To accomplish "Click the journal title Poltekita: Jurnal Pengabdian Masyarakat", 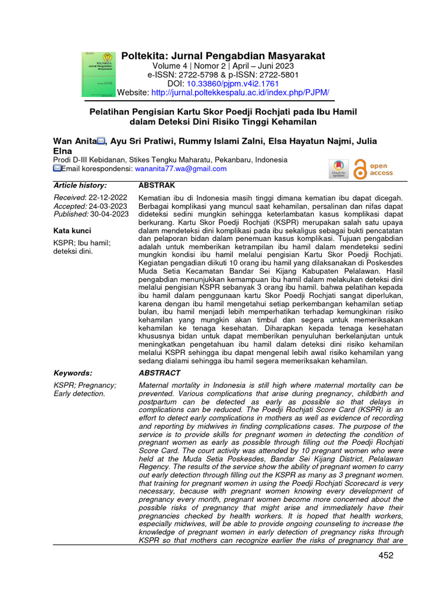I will coord(223,56).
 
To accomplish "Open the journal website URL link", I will coord(240,93).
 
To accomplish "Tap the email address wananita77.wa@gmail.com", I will coord(180,169).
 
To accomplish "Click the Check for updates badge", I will coord(339,168).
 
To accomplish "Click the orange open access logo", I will coord(374,168).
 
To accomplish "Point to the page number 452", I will coord(385,555).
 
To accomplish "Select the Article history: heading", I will coord(80,185).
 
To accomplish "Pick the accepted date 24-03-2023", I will coord(108,206).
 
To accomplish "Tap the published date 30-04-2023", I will coord(109,214).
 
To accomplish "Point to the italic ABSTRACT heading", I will coord(159,373).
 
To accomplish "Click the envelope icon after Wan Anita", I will coord(101,141).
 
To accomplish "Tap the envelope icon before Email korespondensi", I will coord(57,169).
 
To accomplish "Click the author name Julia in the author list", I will coord(364,141).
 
